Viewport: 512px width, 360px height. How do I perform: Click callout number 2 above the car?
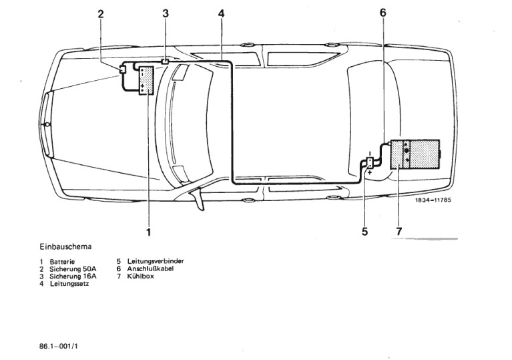101,13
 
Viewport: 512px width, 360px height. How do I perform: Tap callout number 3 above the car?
166,13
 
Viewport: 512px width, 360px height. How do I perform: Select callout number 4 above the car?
220,13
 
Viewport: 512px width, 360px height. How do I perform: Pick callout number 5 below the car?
365,232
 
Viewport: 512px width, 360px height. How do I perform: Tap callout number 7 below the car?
399,232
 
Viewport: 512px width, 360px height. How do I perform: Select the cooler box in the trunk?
415,154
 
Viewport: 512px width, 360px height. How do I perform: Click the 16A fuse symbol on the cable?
165,61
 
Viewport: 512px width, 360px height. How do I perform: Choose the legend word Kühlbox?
142,276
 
